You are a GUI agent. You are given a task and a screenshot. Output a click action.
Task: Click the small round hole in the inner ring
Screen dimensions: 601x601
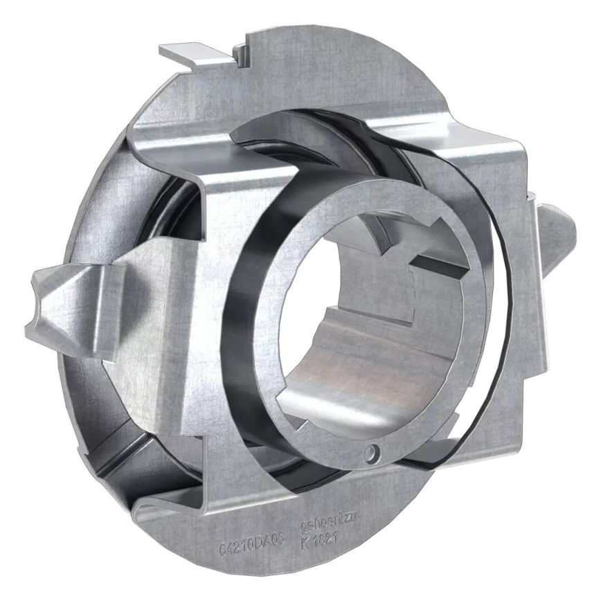click(x=374, y=451)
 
